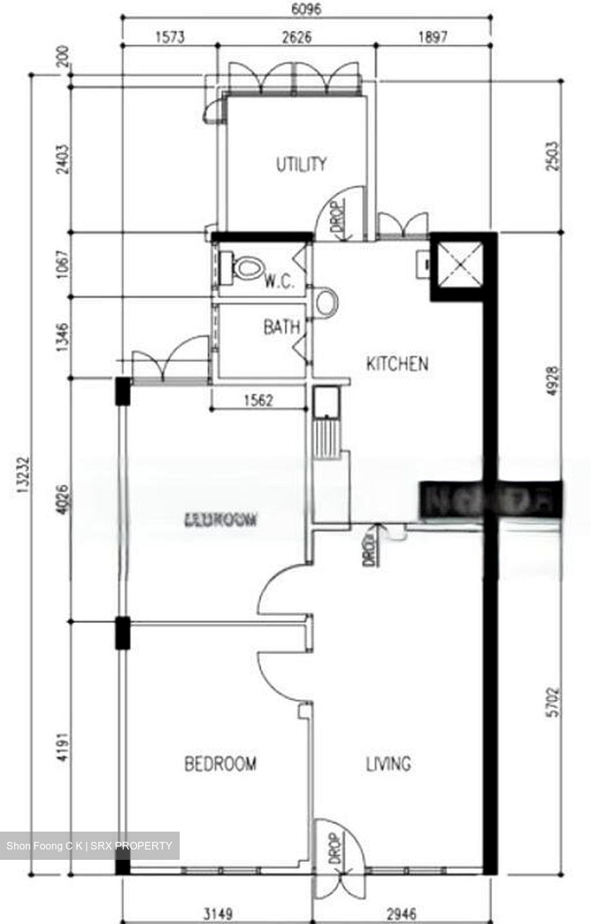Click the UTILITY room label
(x=301, y=165)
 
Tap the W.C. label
(x=280, y=281)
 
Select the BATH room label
(x=281, y=327)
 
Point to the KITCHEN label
(x=397, y=364)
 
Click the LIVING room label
(x=388, y=764)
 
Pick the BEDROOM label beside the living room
(x=220, y=764)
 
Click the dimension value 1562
(x=259, y=401)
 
